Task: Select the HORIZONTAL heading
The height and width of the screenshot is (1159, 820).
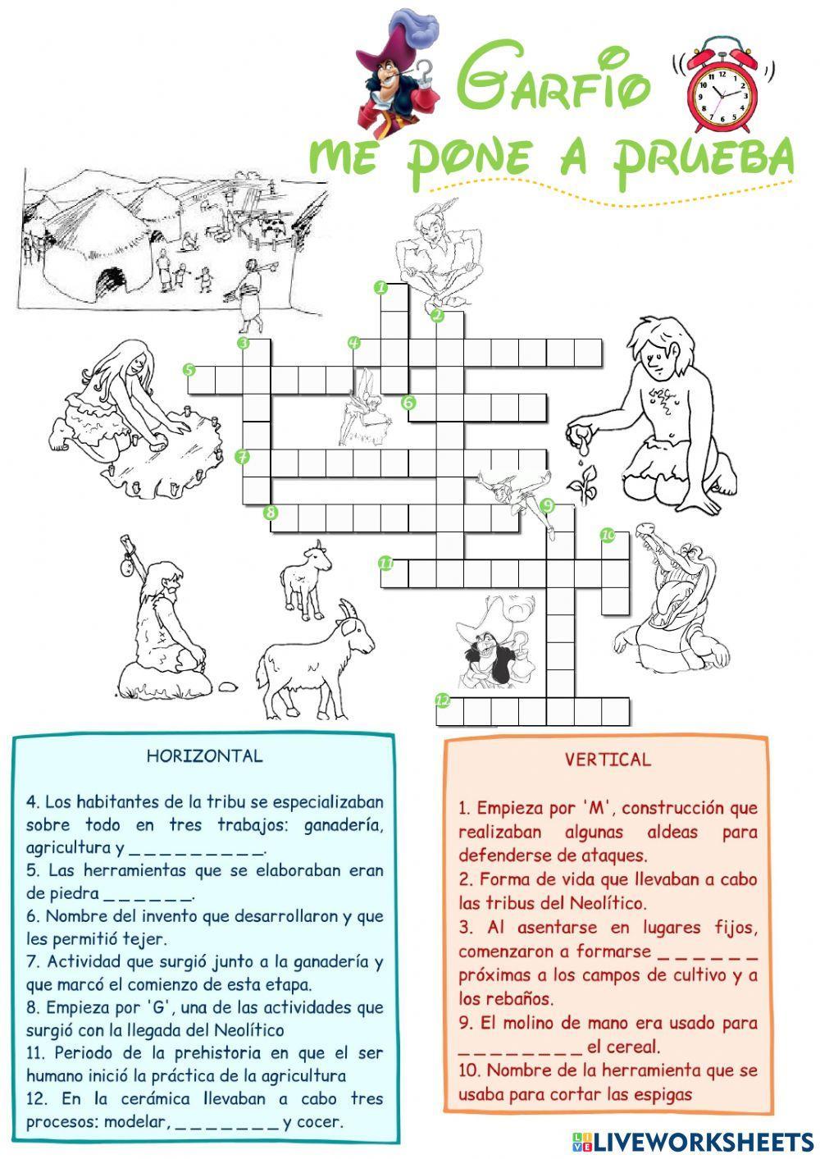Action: (x=204, y=756)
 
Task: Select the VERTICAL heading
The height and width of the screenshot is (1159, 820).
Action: (x=608, y=760)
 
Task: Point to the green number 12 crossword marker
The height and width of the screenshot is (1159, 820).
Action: (x=443, y=700)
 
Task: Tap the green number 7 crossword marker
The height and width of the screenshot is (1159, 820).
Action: (x=242, y=456)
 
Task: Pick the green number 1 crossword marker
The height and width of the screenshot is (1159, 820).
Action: (x=380, y=287)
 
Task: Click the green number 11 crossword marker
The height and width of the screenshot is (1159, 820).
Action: (x=385, y=563)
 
